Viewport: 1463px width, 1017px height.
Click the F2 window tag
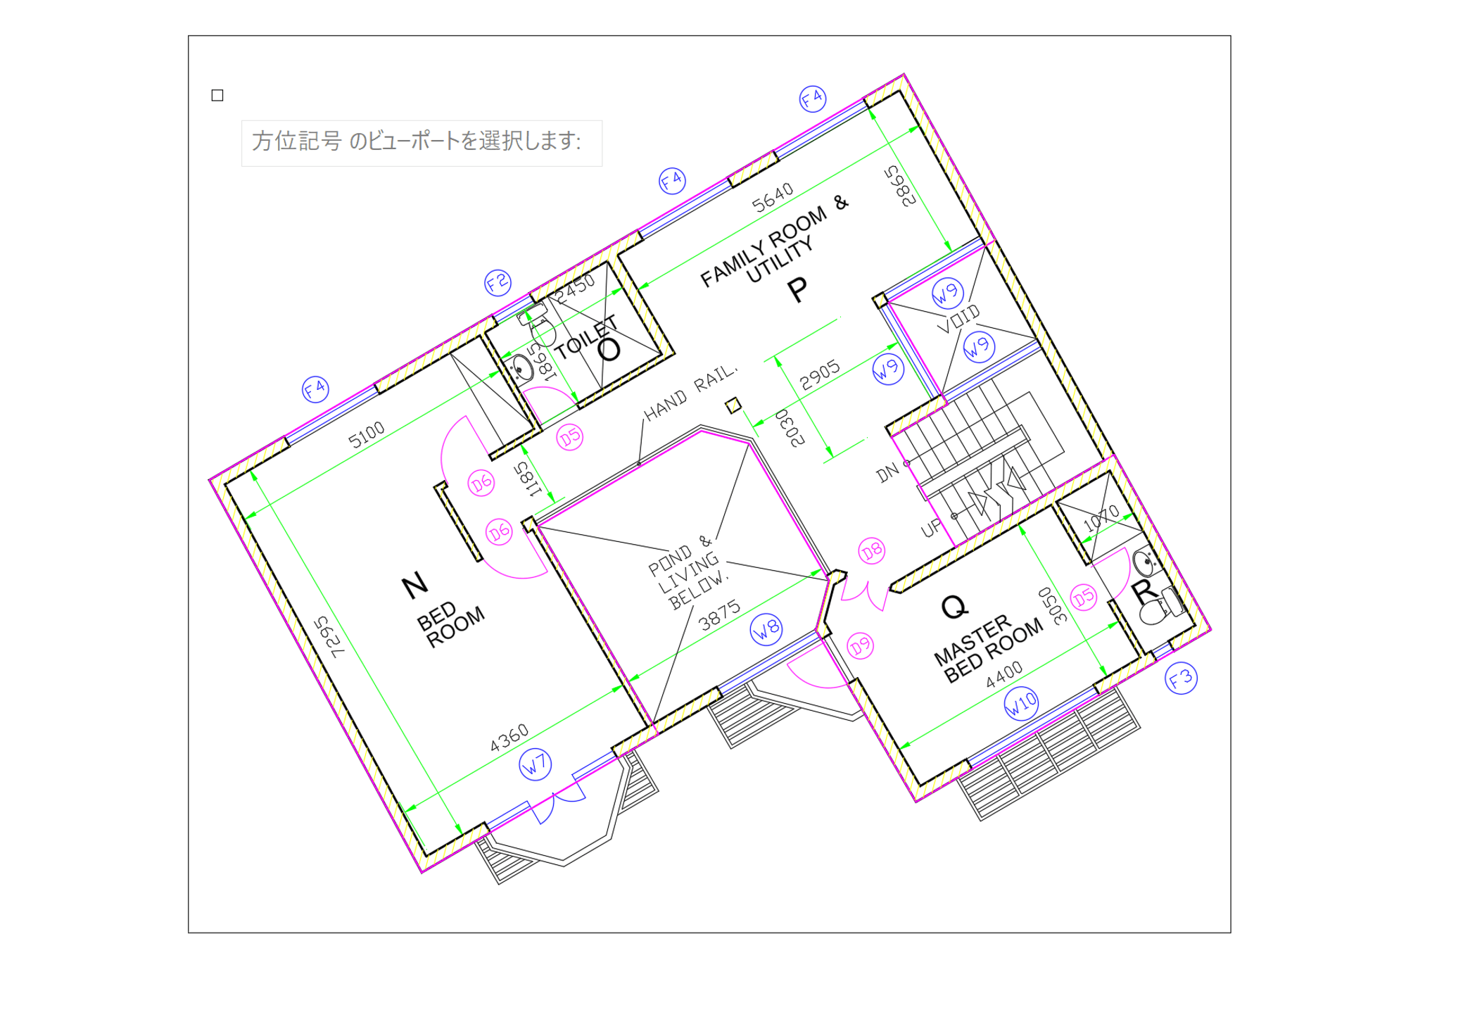[498, 283]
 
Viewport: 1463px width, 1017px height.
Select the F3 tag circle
[1181, 678]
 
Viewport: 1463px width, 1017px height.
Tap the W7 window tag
[535, 764]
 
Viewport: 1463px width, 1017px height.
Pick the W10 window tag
[1021, 702]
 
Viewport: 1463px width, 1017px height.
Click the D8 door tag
[871, 550]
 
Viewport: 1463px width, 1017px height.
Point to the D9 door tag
[860, 646]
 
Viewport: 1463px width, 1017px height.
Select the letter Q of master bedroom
[954, 607]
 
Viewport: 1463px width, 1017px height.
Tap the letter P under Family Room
[797, 290]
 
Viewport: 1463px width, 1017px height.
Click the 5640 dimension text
[773, 197]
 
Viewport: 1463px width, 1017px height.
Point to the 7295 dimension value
[329, 637]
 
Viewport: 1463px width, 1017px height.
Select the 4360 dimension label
[509, 738]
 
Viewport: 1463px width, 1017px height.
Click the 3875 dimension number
[719, 614]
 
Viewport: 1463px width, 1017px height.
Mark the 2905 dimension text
[820, 374]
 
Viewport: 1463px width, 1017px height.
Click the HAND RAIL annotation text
[690, 393]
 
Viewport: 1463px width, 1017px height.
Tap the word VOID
[958, 319]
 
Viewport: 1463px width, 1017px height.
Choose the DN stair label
[887, 472]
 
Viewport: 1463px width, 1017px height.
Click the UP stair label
[931, 528]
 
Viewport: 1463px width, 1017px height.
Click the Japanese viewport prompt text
[417, 141]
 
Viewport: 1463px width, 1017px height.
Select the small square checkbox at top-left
[217, 95]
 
